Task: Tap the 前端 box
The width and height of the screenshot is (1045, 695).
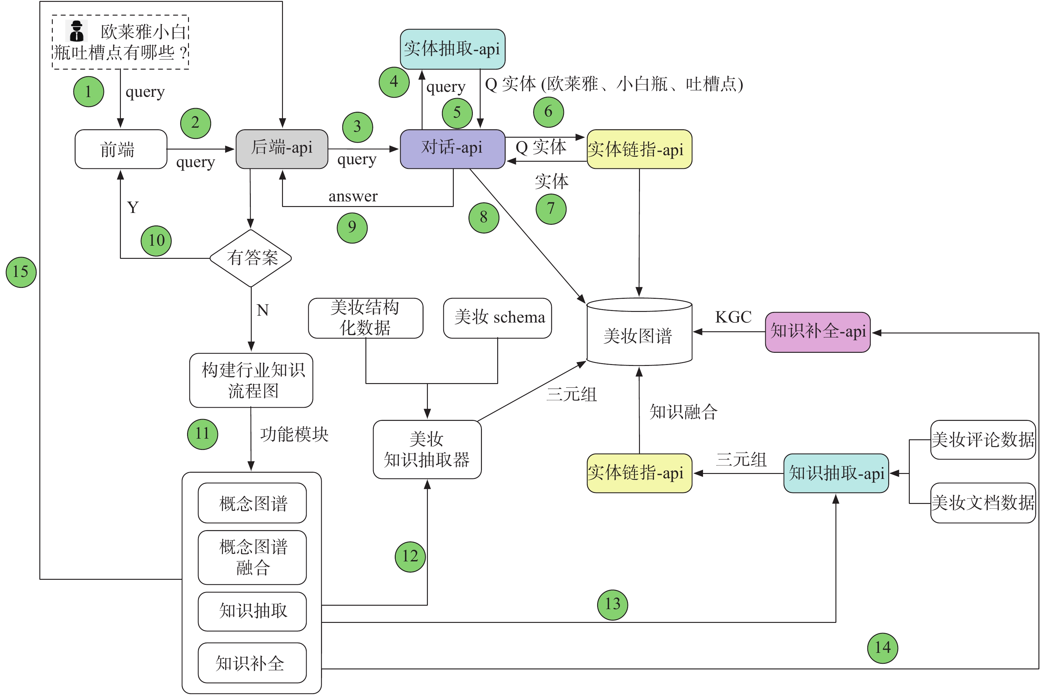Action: (x=121, y=149)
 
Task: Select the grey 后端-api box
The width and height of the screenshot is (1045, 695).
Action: (x=282, y=149)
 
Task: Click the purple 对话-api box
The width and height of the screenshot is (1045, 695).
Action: (x=452, y=149)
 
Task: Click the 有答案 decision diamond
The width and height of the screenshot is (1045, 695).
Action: (x=251, y=258)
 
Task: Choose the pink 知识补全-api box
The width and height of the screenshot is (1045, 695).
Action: (x=818, y=332)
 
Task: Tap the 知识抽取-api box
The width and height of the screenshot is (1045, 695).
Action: (x=836, y=473)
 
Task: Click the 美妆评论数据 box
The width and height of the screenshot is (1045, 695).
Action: (x=983, y=440)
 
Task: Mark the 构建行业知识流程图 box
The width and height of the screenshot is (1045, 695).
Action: (x=251, y=380)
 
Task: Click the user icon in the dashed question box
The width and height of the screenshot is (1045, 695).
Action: (x=77, y=31)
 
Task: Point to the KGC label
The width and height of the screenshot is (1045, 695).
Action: (x=733, y=317)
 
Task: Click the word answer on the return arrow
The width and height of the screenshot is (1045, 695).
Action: (x=353, y=196)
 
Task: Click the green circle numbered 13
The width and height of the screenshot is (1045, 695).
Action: (x=612, y=604)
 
